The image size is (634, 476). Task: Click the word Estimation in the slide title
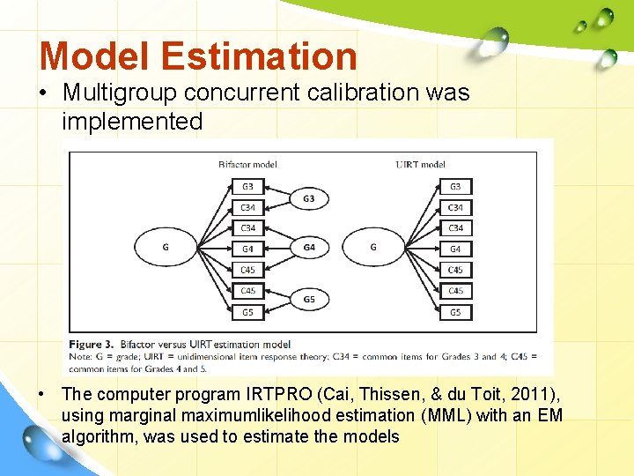tap(260, 56)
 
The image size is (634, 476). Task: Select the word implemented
tap(132, 121)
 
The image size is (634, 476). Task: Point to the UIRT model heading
tap(421, 163)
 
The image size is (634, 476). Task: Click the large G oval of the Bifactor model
tap(165, 248)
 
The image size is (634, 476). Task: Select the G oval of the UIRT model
tap(372, 248)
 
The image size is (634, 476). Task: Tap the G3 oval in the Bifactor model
tap(308, 198)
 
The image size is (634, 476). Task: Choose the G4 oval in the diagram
tap(308, 248)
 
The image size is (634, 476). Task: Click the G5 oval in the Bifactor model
tap(308, 299)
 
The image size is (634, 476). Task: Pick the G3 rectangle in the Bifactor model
tap(247, 186)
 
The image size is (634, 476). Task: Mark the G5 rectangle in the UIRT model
tap(455, 312)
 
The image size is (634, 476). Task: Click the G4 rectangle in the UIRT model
tap(455, 249)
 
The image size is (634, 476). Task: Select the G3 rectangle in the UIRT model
tap(455, 186)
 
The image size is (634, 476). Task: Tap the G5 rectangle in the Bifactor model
tap(247, 312)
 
